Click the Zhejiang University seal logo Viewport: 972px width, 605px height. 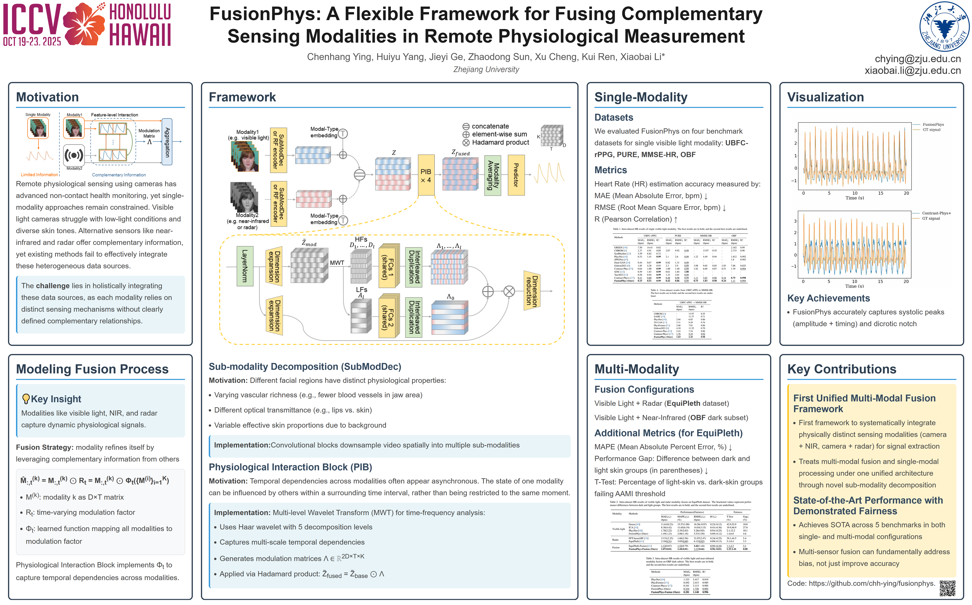pyautogui.click(x=944, y=26)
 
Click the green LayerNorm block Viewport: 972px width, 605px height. pyautogui.click(x=245, y=266)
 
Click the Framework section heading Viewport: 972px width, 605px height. pyautogui.click(x=242, y=97)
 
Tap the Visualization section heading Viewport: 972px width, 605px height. pyautogui.click(x=825, y=97)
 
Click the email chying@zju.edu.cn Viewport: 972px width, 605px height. pyautogui.click(x=918, y=59)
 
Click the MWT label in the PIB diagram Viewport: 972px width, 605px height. pyautogui.click(x=337, y=263)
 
